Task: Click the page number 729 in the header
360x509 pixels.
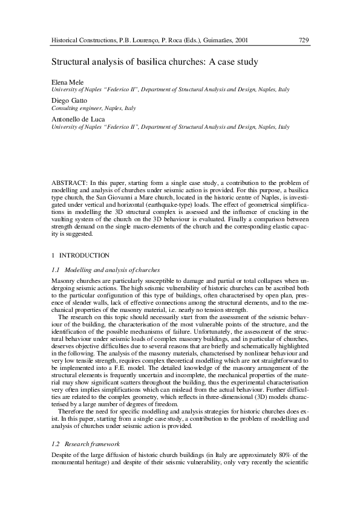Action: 304,41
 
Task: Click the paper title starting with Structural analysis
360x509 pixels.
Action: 154,62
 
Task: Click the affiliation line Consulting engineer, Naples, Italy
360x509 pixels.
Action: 93,108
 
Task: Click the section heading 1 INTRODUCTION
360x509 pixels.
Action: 76,256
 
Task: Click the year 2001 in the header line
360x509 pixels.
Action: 239,41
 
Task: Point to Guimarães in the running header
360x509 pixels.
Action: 214,41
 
